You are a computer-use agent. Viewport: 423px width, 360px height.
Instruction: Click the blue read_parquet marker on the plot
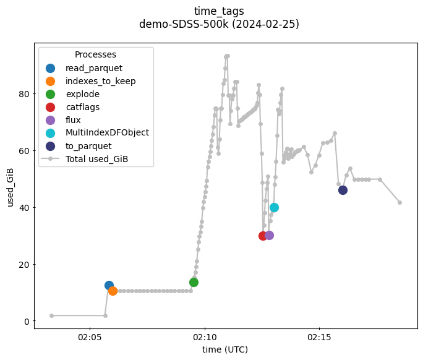point(109,286)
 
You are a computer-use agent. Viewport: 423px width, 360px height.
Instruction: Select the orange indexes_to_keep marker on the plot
point(113,291)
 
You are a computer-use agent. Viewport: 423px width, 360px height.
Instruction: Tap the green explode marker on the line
point(194,282)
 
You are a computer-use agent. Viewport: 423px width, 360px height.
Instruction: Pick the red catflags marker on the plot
point(263,236)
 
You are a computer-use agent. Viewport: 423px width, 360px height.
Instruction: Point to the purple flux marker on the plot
point(269,235)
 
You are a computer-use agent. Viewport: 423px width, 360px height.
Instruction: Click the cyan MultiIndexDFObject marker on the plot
point(274,207)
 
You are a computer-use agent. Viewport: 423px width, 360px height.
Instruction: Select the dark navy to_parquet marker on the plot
point(343,190)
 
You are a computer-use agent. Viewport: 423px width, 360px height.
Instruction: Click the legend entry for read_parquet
point(93,68)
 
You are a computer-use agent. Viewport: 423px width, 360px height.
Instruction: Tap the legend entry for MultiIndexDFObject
point(107,133)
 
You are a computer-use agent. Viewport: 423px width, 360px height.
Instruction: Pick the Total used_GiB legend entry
point(100,159)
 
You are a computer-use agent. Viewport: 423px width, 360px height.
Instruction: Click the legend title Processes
point(95,55)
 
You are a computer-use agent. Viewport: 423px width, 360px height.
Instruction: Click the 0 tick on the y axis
point(25,321)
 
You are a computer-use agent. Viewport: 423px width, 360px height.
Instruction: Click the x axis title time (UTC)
point(225,350)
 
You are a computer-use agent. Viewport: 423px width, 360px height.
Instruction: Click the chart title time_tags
point(219,11)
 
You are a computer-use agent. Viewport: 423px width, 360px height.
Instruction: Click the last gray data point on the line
point(399,202)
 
